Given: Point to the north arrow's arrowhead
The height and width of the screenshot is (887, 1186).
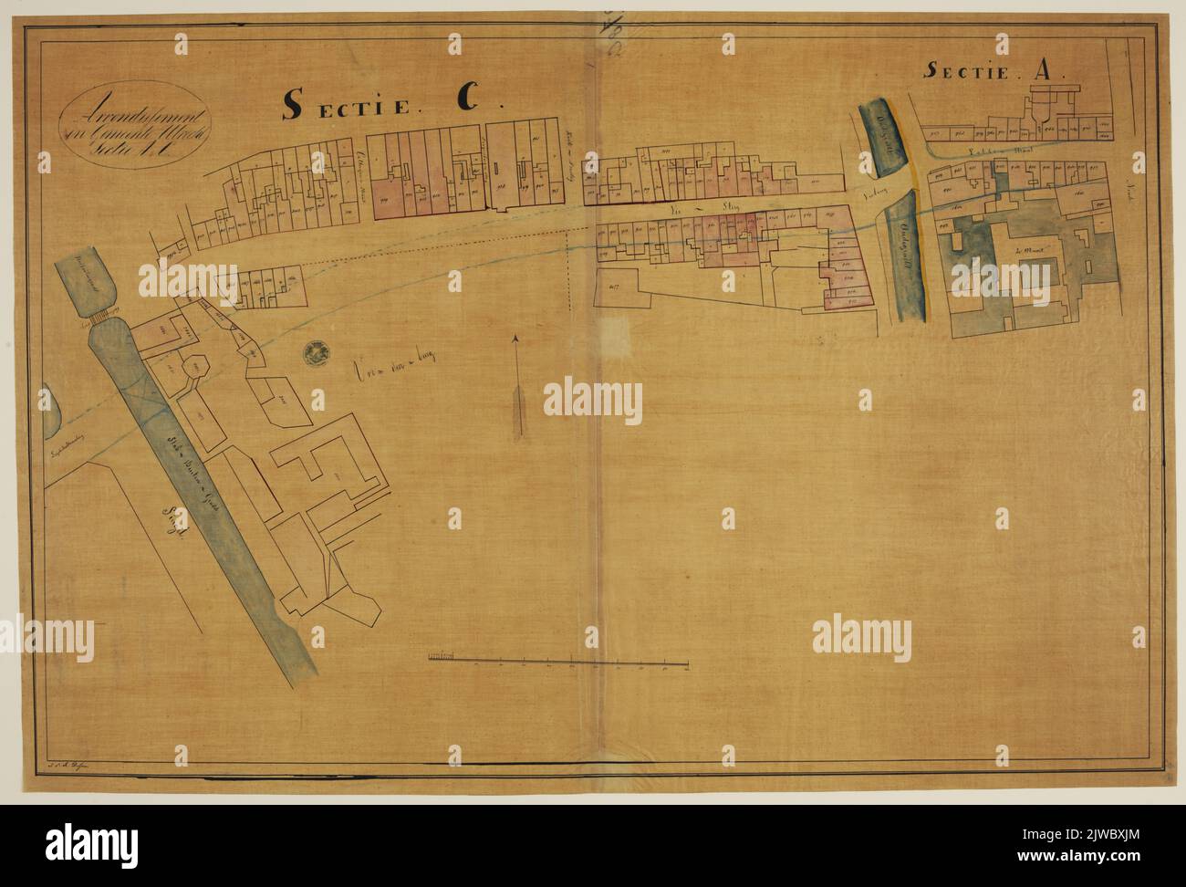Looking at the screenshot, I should coord(515,340).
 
